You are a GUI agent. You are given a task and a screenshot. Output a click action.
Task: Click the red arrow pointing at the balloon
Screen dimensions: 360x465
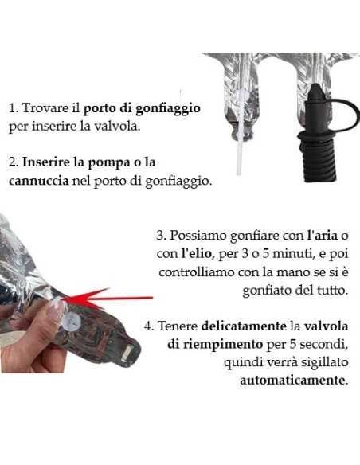coord(108,298)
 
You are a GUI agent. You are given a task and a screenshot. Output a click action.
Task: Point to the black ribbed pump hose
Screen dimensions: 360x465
coord(318,162)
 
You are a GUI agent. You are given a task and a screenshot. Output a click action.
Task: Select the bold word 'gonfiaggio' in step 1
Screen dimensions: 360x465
coord(168,109)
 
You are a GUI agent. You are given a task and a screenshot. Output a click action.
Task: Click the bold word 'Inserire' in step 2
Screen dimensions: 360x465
coord(45,162)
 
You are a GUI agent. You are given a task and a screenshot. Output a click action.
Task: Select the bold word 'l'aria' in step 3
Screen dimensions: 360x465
coord(322,236)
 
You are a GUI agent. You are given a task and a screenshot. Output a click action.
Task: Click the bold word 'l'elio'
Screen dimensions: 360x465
coord(196,253)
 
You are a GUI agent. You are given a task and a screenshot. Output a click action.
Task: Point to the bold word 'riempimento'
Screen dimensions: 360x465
coord(215,345)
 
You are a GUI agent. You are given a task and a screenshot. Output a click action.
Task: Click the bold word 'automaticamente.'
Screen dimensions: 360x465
coord(294,380)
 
